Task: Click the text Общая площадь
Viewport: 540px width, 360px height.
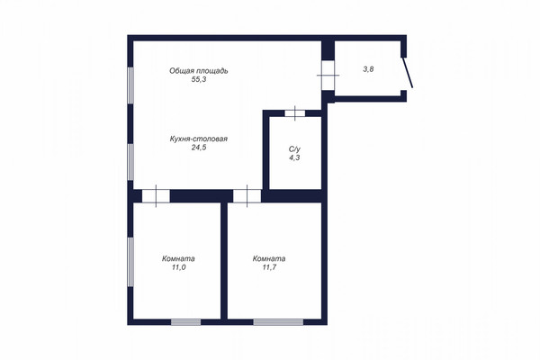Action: [202, 70]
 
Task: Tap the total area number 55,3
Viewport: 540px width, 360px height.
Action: [200, 80]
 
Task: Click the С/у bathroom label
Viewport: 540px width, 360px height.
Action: [293, 148]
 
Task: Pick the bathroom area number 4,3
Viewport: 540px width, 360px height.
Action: [293, 157]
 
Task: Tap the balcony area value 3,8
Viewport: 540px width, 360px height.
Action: [368, 68]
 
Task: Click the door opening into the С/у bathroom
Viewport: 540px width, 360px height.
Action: [294, 112]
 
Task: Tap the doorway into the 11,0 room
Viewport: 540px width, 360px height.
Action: [156, 194]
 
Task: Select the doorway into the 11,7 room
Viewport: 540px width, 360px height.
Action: [247, 194]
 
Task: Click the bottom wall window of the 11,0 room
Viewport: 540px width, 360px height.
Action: [185, 321]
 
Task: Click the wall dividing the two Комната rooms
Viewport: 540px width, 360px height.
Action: [223, 261]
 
